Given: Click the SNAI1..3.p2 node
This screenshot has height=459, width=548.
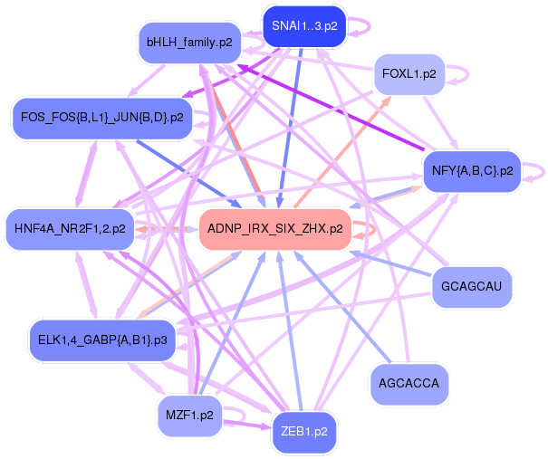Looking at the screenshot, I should [304, 25].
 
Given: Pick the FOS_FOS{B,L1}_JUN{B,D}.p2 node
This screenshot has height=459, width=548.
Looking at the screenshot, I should [101, 117].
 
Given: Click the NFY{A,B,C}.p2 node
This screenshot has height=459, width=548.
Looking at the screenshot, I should [472, 169].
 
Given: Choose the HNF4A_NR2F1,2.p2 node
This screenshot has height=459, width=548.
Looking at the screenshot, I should [70, 228].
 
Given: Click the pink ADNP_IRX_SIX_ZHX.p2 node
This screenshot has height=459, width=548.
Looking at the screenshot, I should [274, 229].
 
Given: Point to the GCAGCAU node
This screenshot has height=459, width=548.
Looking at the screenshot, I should [471, 288].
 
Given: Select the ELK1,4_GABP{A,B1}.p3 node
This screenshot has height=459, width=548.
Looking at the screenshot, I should [101, 340].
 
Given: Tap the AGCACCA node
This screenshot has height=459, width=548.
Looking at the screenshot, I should [409, 384].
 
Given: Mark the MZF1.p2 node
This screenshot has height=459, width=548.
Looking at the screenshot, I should [189, 416].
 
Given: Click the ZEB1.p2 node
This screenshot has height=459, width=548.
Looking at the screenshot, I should [304, 432].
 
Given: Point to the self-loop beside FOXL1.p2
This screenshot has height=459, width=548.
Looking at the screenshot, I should [459, 72].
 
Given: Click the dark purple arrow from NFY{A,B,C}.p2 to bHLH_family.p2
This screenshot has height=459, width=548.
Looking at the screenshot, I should [335, 109].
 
